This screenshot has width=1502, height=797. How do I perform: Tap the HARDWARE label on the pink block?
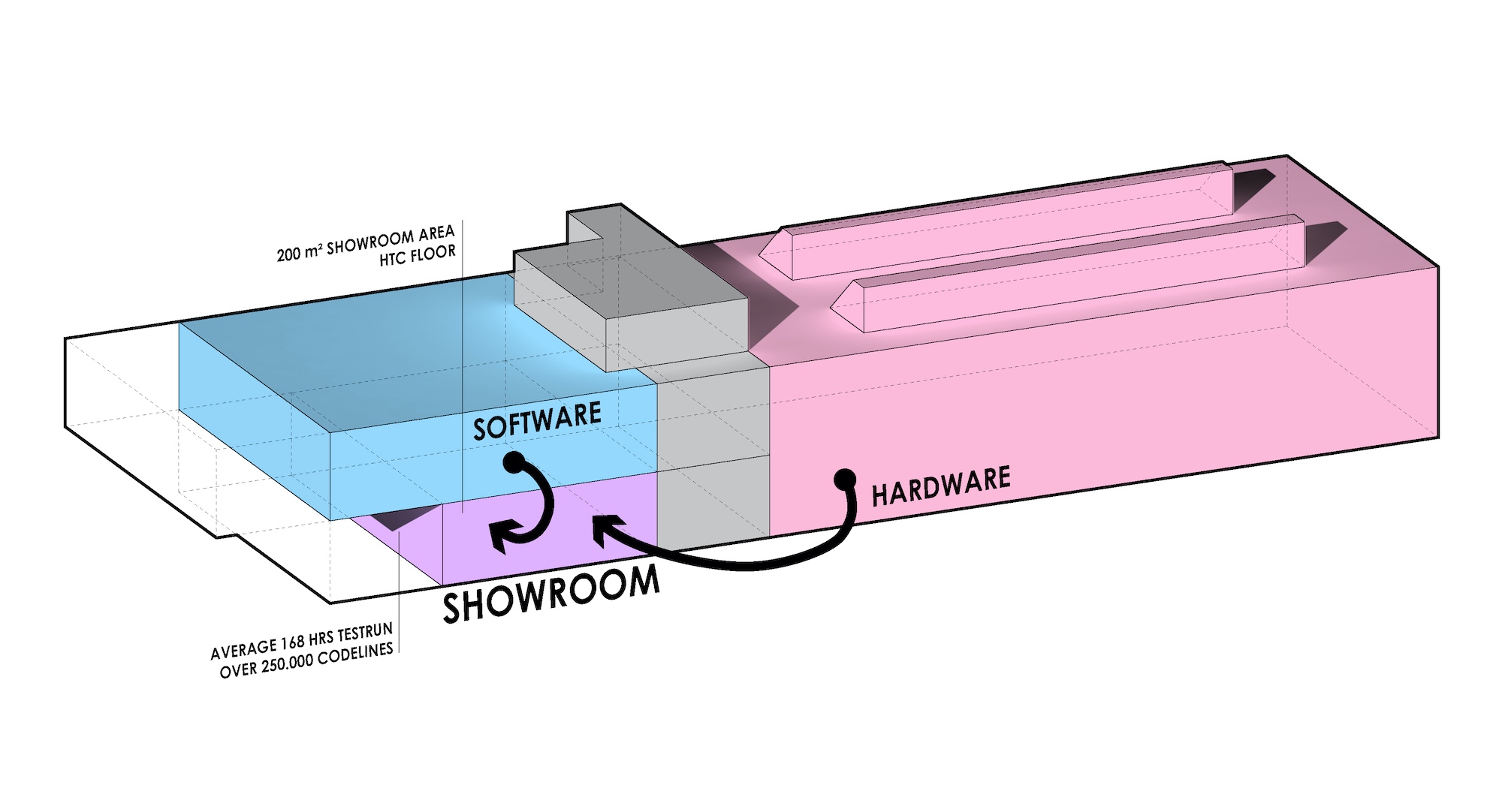[941, 486]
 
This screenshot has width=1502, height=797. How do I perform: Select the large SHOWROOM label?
[551, 594]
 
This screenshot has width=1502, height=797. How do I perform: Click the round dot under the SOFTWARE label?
[514, 462]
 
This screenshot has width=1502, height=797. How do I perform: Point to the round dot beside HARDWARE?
[845, 478]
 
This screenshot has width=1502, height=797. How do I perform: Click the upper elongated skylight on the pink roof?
[996, 218]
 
